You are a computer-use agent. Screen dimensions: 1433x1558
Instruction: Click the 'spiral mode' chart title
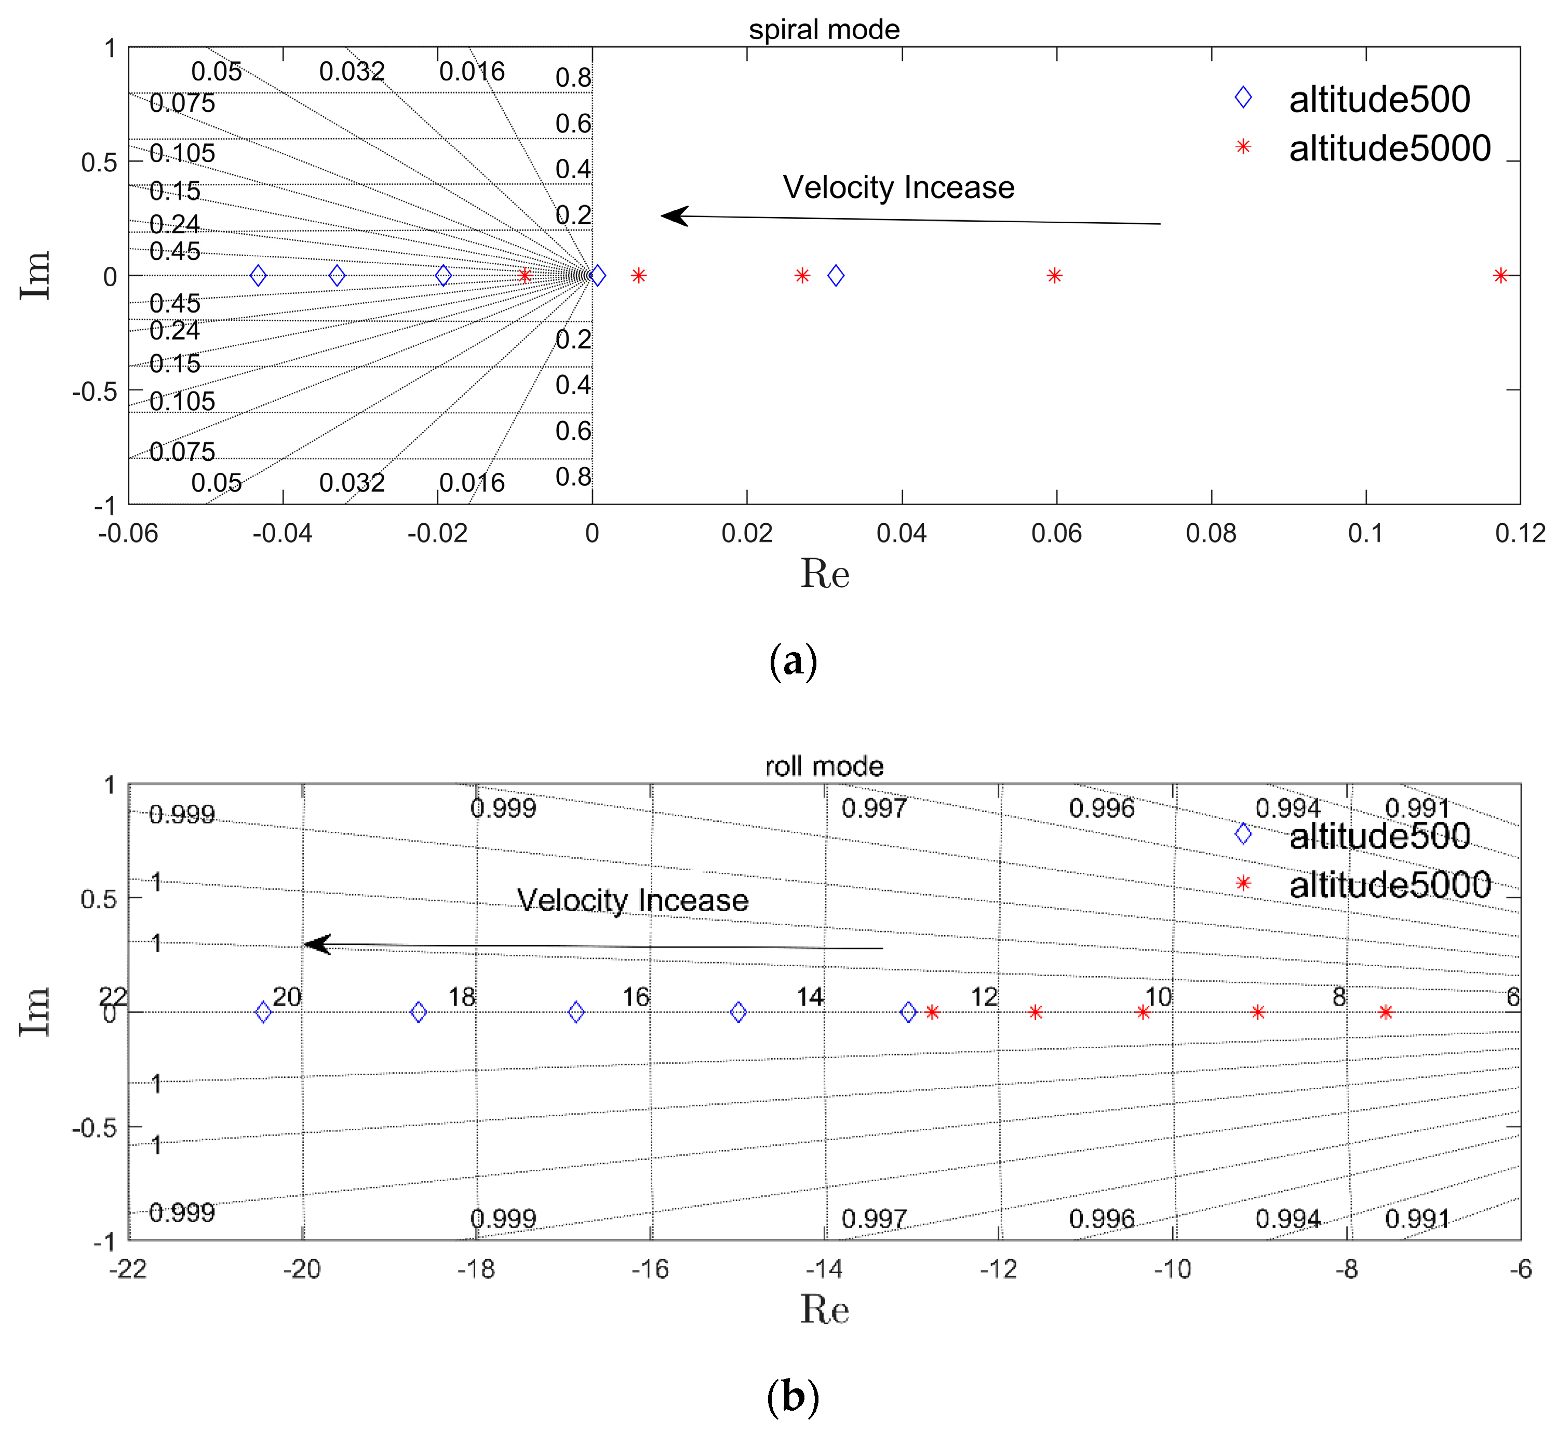point(824,30)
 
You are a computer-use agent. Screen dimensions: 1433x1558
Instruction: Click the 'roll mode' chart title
point(824,766)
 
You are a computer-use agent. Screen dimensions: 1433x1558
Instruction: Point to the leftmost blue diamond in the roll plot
point(263,1012)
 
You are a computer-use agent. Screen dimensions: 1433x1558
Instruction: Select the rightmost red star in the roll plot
point(1385,1012)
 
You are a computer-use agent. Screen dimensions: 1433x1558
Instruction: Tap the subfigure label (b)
point(793,1397)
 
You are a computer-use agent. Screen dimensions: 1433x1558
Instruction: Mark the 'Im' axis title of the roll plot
point(35,1011)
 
